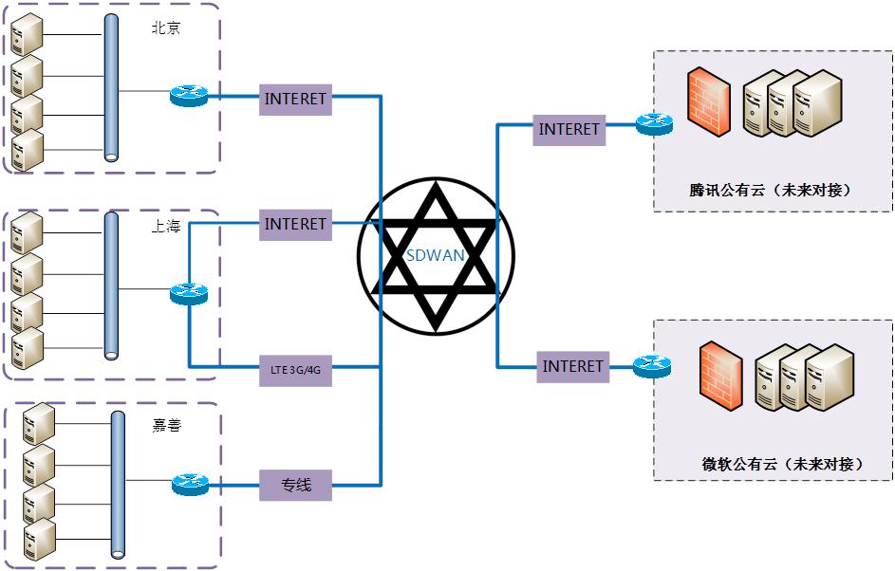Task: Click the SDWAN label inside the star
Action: [x=435, y=256]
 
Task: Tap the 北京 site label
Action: [x=166, y=28]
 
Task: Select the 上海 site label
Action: [x=166, y=228]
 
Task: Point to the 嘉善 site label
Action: [x=166, y=426]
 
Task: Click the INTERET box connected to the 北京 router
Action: [x=295, y=99]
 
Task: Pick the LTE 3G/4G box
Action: [x=295, y=368]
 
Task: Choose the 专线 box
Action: [x=295, y=486]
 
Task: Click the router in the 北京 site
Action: [x=188, y=95]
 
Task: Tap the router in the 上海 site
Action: [x=188, y=295]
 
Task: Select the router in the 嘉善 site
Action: [x=190, y=486]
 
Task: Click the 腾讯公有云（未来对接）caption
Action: [x=769, y=190]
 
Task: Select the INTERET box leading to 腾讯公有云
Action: [x=569, y=129]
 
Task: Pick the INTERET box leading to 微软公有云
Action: [x=572, y=366]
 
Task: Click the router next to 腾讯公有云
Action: [x=653, y=124]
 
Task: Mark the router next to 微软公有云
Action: [x=652, y=365]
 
